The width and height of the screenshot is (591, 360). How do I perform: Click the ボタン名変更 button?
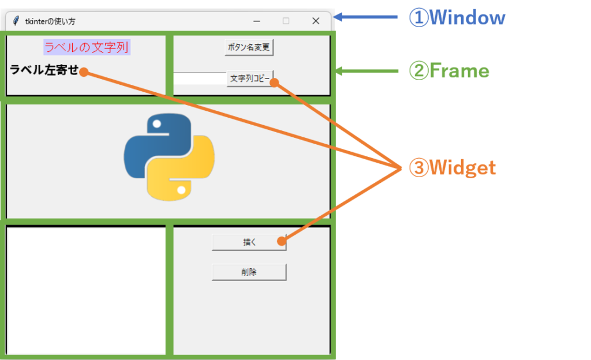point(249,47)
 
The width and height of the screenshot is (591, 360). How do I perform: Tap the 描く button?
point(245,242)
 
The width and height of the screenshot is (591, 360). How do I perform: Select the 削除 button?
point(249,272)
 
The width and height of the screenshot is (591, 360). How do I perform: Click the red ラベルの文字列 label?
point(86,47)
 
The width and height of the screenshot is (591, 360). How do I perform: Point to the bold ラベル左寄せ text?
point(44,70)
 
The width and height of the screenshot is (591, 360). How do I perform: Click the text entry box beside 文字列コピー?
point(200,78)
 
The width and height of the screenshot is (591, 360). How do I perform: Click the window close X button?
point(316,21)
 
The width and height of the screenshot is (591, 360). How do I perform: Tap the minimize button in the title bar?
point(257,21)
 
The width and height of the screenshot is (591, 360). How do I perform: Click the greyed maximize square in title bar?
point(286,21)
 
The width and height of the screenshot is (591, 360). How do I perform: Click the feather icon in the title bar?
point(16,21)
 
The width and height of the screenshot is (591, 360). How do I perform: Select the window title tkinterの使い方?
point(50,21)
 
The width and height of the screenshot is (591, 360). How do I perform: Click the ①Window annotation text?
point(457,18)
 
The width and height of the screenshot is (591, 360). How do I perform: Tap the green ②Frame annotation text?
point(449,71)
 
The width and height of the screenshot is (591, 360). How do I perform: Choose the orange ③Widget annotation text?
point(452,168)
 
